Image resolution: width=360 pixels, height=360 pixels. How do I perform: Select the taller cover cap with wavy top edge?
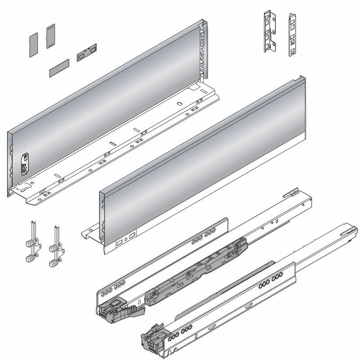coord(50,36)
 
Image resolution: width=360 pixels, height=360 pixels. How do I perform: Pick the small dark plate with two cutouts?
coord(86,52)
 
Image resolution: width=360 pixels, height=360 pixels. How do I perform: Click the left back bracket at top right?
coord(269,31)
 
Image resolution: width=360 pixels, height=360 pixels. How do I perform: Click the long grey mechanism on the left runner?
coord(198,270)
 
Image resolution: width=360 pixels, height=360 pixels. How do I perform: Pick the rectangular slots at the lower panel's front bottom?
coord(126,238)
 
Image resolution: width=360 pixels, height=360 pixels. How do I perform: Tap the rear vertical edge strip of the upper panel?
coord(206,49)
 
